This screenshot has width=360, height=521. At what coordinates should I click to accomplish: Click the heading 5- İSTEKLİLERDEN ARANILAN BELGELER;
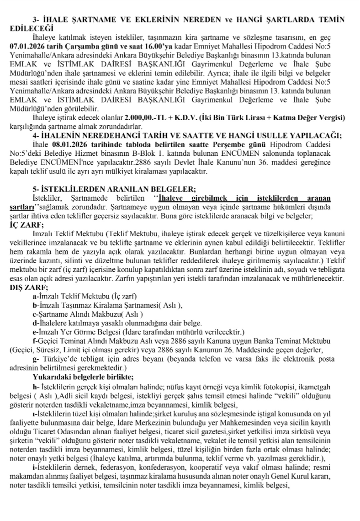click(x=114, y=190)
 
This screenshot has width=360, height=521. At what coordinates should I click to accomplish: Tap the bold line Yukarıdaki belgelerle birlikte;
click(x=83, y=377)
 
